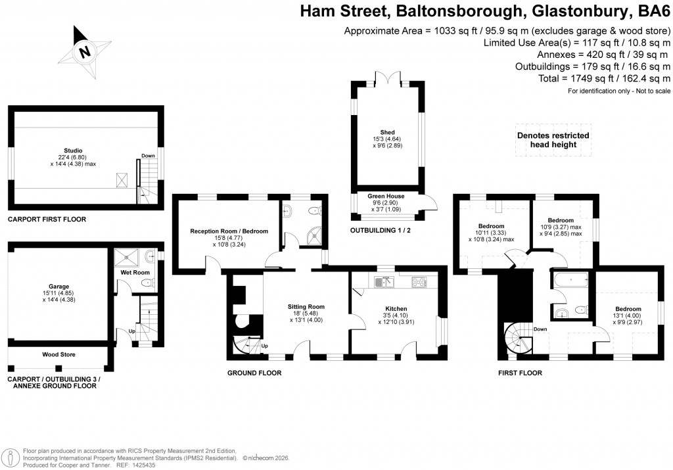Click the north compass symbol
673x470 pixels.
[83, 52]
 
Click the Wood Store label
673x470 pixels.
[58, 354]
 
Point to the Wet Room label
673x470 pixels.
[135, 272]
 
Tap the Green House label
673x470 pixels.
[386, 196]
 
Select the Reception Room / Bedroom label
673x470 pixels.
[229, 231]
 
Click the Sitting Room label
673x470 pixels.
[306, 306]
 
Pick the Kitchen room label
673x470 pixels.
[396, 308]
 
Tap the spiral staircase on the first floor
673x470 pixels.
[518, 338]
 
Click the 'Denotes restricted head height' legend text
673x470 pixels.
[553, 140]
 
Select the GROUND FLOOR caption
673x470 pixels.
[254, 373]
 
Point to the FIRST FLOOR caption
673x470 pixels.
[521, 373]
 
